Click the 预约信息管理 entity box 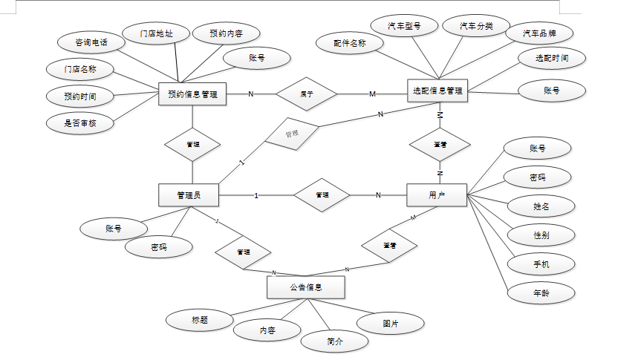click(192, 94)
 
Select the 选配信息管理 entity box click(437, 91)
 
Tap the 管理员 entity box click(189, 195)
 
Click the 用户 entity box click(437, 195)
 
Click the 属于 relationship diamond click(306, 94)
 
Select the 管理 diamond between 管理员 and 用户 click(322, 195)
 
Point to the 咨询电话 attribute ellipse click(91, 42)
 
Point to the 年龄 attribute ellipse click(541, 292)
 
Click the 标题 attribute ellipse click(199, 321)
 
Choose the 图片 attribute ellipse click(391, 324)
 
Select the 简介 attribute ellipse click(335, 341)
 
